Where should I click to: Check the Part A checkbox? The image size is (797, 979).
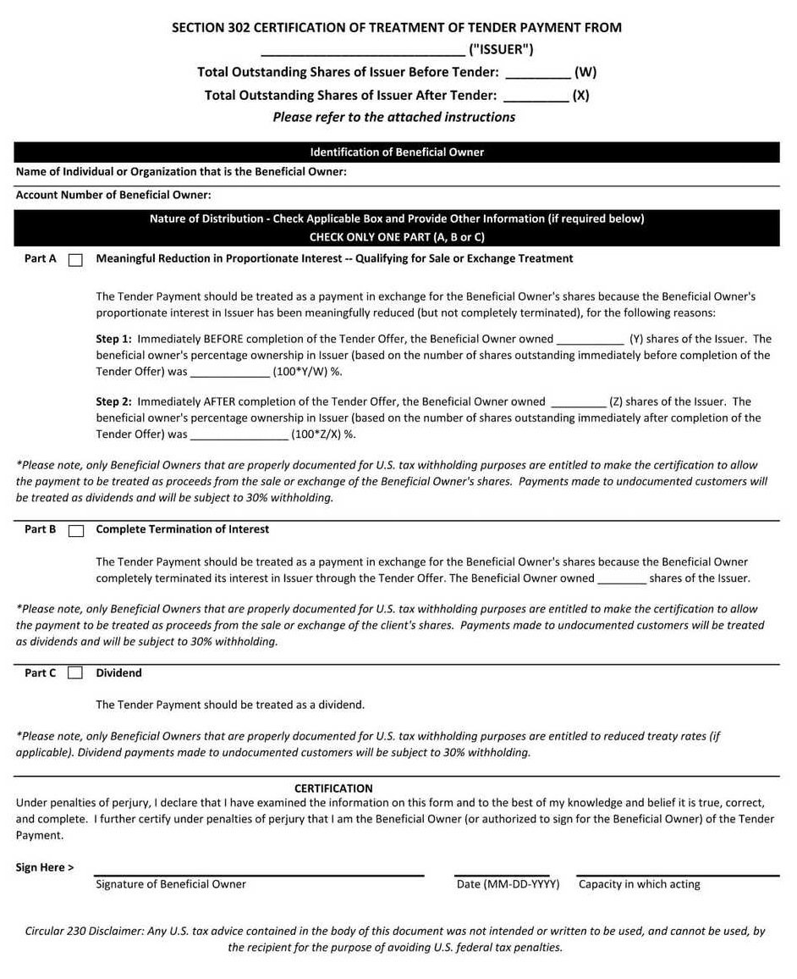75,260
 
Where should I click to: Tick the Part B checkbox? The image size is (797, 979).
76,531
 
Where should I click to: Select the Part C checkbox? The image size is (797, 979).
75,673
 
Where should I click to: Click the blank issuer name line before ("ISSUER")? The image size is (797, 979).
363,49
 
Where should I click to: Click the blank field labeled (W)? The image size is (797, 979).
537,73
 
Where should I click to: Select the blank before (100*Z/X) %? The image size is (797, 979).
239,435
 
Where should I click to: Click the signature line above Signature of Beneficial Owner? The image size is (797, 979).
258,873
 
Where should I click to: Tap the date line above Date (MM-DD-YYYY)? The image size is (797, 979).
502,873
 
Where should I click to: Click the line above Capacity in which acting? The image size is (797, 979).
677,873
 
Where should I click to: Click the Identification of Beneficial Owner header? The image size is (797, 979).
397,152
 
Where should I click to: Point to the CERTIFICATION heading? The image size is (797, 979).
333,788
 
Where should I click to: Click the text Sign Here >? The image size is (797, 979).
45,867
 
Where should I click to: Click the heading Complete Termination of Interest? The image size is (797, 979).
182,529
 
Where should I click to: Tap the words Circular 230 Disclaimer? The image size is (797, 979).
85,931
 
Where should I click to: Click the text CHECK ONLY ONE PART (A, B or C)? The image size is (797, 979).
397,237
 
